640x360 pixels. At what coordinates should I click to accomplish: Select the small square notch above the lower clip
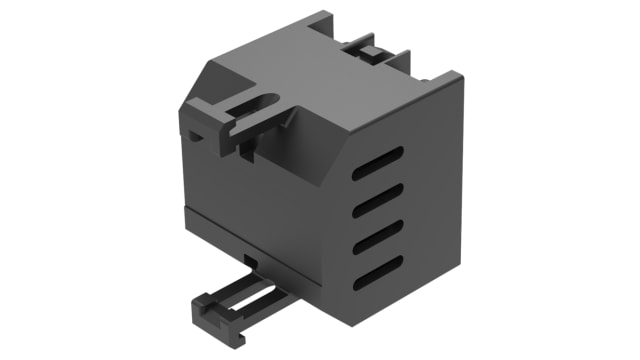[250, 261]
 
